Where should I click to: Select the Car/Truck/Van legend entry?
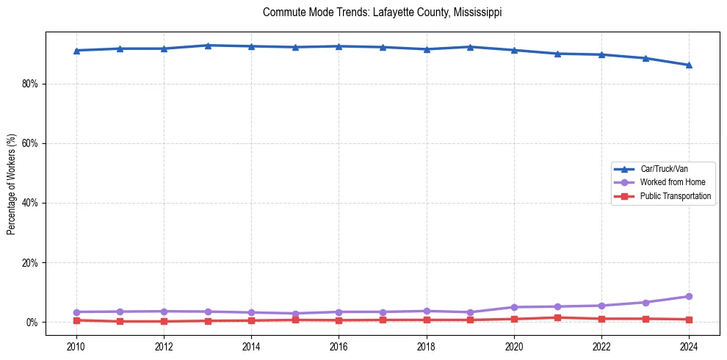point(663,169)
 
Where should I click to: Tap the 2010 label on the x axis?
point(76,346)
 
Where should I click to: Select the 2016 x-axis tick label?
point(339,346)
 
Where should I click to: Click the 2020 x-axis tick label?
point(514,346)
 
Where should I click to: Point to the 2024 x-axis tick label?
point(689,346)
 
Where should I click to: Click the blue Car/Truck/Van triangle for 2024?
point(689,65)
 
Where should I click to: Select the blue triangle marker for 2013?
point(208,46)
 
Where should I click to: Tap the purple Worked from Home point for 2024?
point(689,296)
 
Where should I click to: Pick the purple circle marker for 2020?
point(514,307)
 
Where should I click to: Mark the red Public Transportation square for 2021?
point(557,317)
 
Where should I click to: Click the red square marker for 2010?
point(76,320)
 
